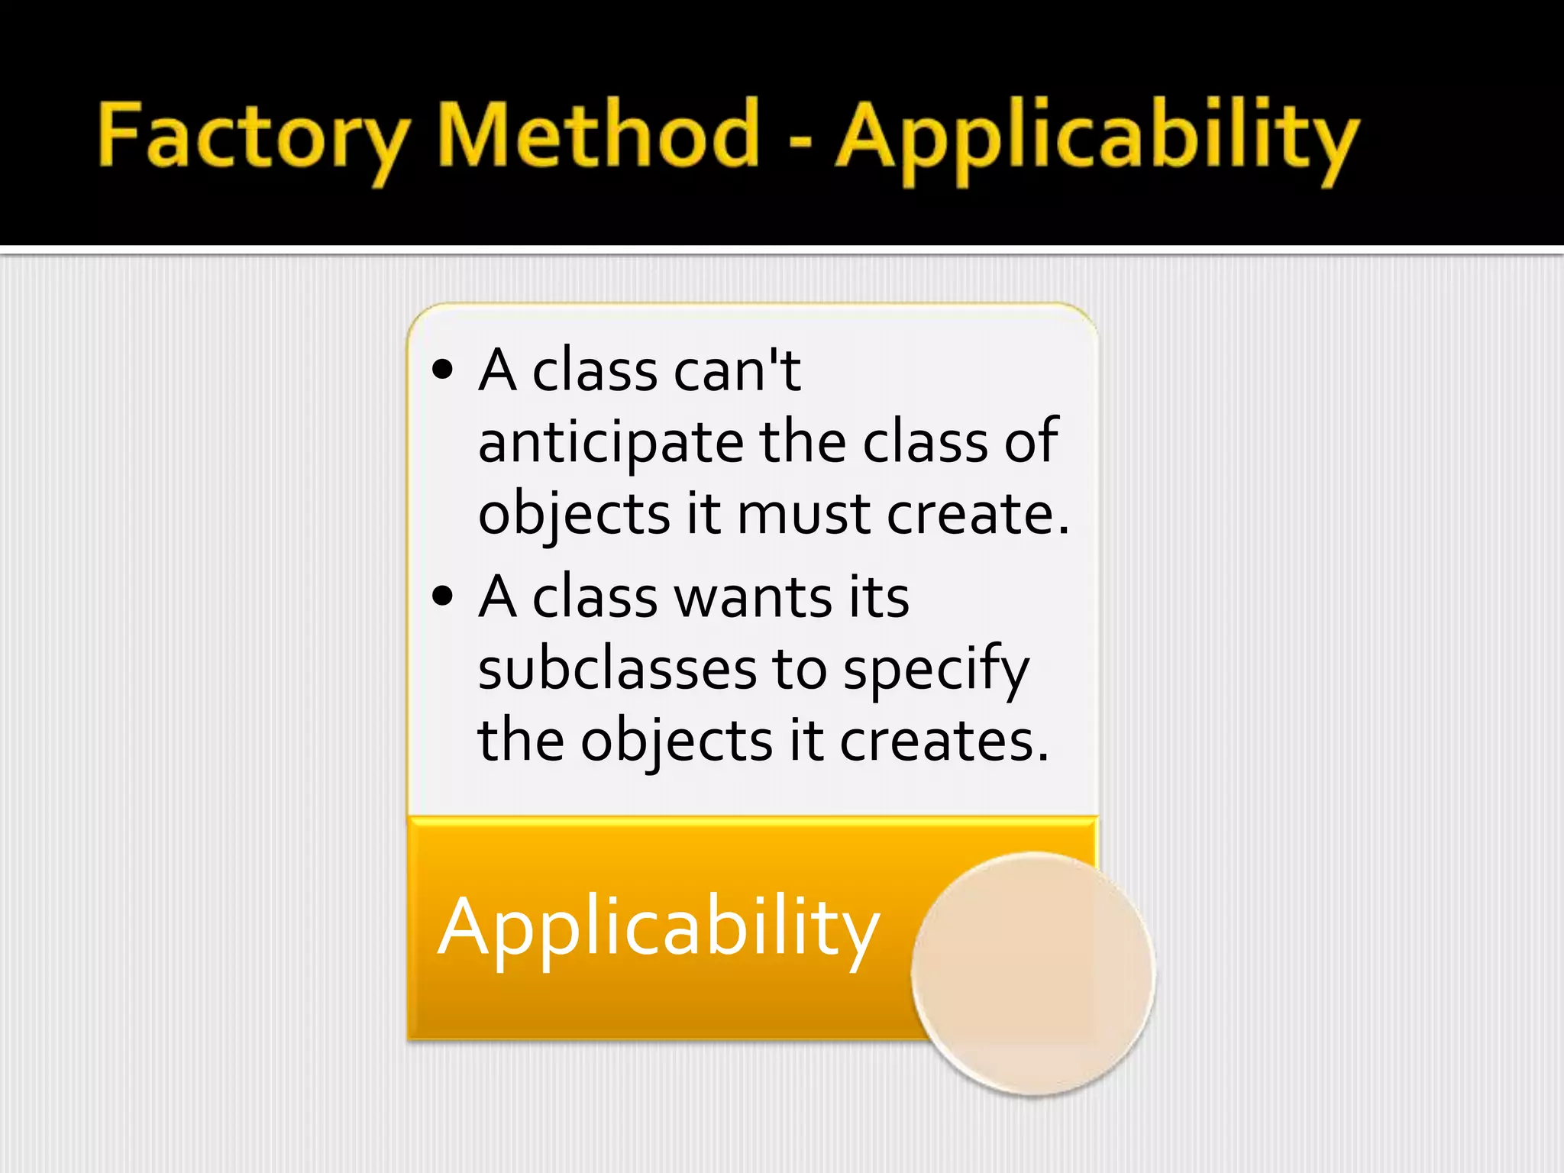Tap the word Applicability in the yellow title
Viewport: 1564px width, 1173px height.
pyautogui.click(x=1097, y=137)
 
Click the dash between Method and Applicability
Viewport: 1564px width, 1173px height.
pyautogui.click(x=799, y=141)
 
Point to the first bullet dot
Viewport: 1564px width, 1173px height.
pyautogui.click(x=442, y=370)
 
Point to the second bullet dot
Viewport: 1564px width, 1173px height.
pyautogui.click(x=442, y=596)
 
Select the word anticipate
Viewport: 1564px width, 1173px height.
pyautogui.click(x=610, y=443)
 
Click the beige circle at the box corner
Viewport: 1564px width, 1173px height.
pyautogui.click(x=1032, y=974)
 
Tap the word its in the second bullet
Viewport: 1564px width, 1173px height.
pyautogui.click(x=878, y=596)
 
